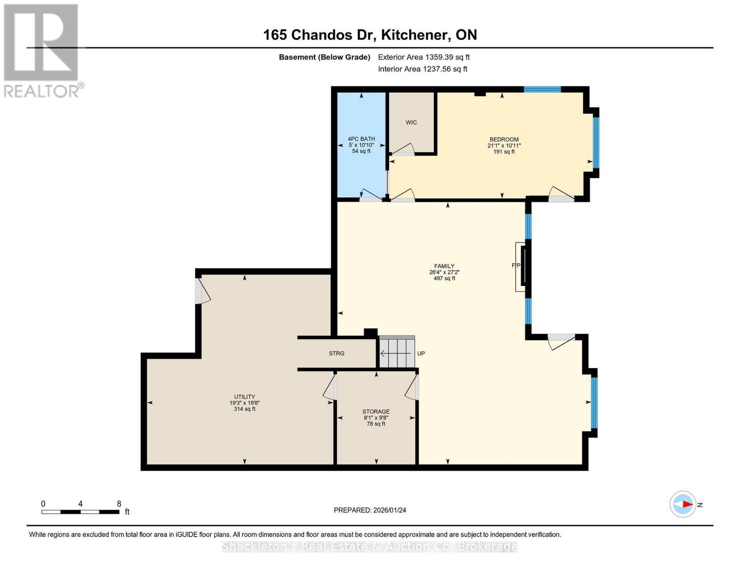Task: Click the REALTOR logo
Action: point(42,51)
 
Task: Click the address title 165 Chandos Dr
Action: point(370,35)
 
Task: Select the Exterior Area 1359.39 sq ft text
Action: point(424,57)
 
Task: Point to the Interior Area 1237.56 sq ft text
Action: point(422,69)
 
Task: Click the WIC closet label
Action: point(411,123)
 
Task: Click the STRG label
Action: point(336,354)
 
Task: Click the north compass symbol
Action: point(683,504)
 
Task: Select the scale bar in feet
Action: point(81,512)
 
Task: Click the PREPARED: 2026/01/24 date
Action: point(370,511)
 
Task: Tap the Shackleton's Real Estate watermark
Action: point(370,546)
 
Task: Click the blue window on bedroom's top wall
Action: point(542,89)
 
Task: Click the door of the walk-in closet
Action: point(403,150)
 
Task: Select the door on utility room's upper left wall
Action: point(202,291)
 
